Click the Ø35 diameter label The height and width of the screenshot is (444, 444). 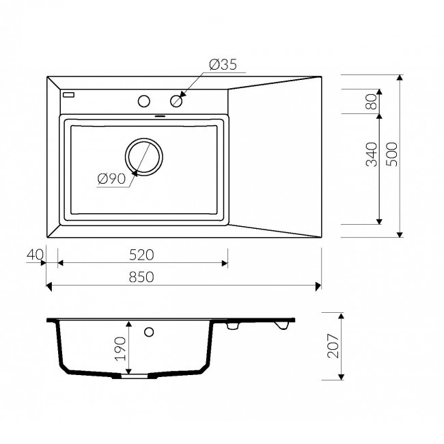coord(223,65)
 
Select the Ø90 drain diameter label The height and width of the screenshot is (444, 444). coord(111,179)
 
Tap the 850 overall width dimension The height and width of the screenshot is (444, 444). coord(141,277)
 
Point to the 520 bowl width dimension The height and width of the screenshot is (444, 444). coord(141,255)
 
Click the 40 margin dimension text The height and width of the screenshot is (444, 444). coord(35,255)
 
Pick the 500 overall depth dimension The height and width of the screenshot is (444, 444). coord(392,154)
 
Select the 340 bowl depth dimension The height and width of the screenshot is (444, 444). coord(372,154)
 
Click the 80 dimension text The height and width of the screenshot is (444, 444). coord(372,102)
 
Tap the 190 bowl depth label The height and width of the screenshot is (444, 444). coord(121,348)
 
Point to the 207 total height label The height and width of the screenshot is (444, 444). coord(333,346)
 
